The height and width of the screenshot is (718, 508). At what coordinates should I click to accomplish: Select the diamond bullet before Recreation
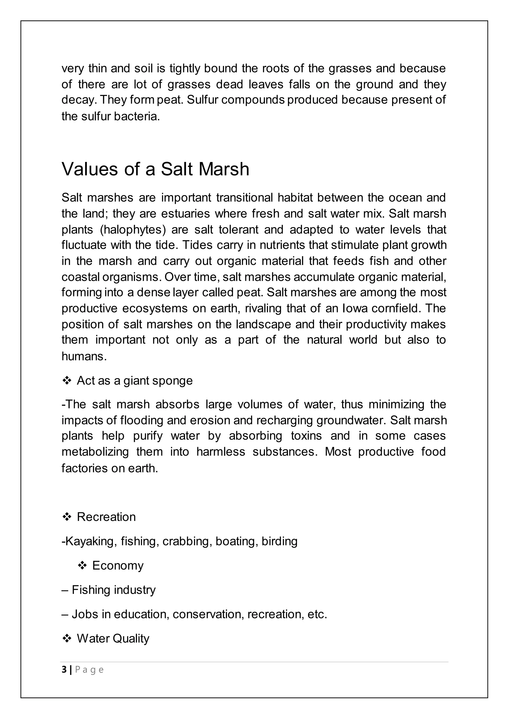67,517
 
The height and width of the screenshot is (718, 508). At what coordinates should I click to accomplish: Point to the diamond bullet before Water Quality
67,638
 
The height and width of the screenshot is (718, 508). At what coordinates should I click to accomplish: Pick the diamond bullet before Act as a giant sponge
67,381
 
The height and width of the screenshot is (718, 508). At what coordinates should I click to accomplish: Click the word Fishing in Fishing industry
91,590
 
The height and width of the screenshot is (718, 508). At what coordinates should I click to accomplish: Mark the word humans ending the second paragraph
84,357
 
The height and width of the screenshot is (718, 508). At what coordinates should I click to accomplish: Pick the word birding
279,541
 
